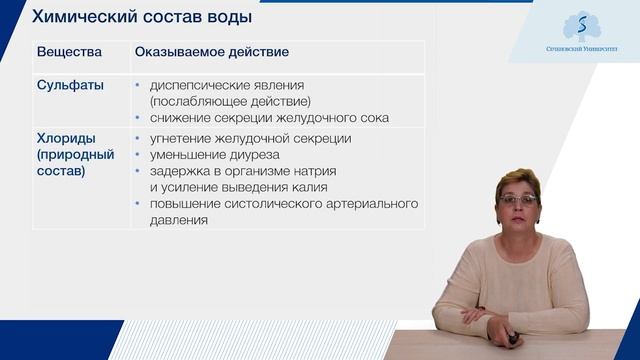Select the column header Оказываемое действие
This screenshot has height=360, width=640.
208,51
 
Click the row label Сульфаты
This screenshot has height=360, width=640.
70,85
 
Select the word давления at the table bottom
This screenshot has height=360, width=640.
179,220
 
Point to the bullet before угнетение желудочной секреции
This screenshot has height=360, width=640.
137,139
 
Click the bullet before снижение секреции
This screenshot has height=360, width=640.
137,118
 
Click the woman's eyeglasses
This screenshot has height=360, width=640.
518,201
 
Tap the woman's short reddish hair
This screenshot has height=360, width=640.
520,180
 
